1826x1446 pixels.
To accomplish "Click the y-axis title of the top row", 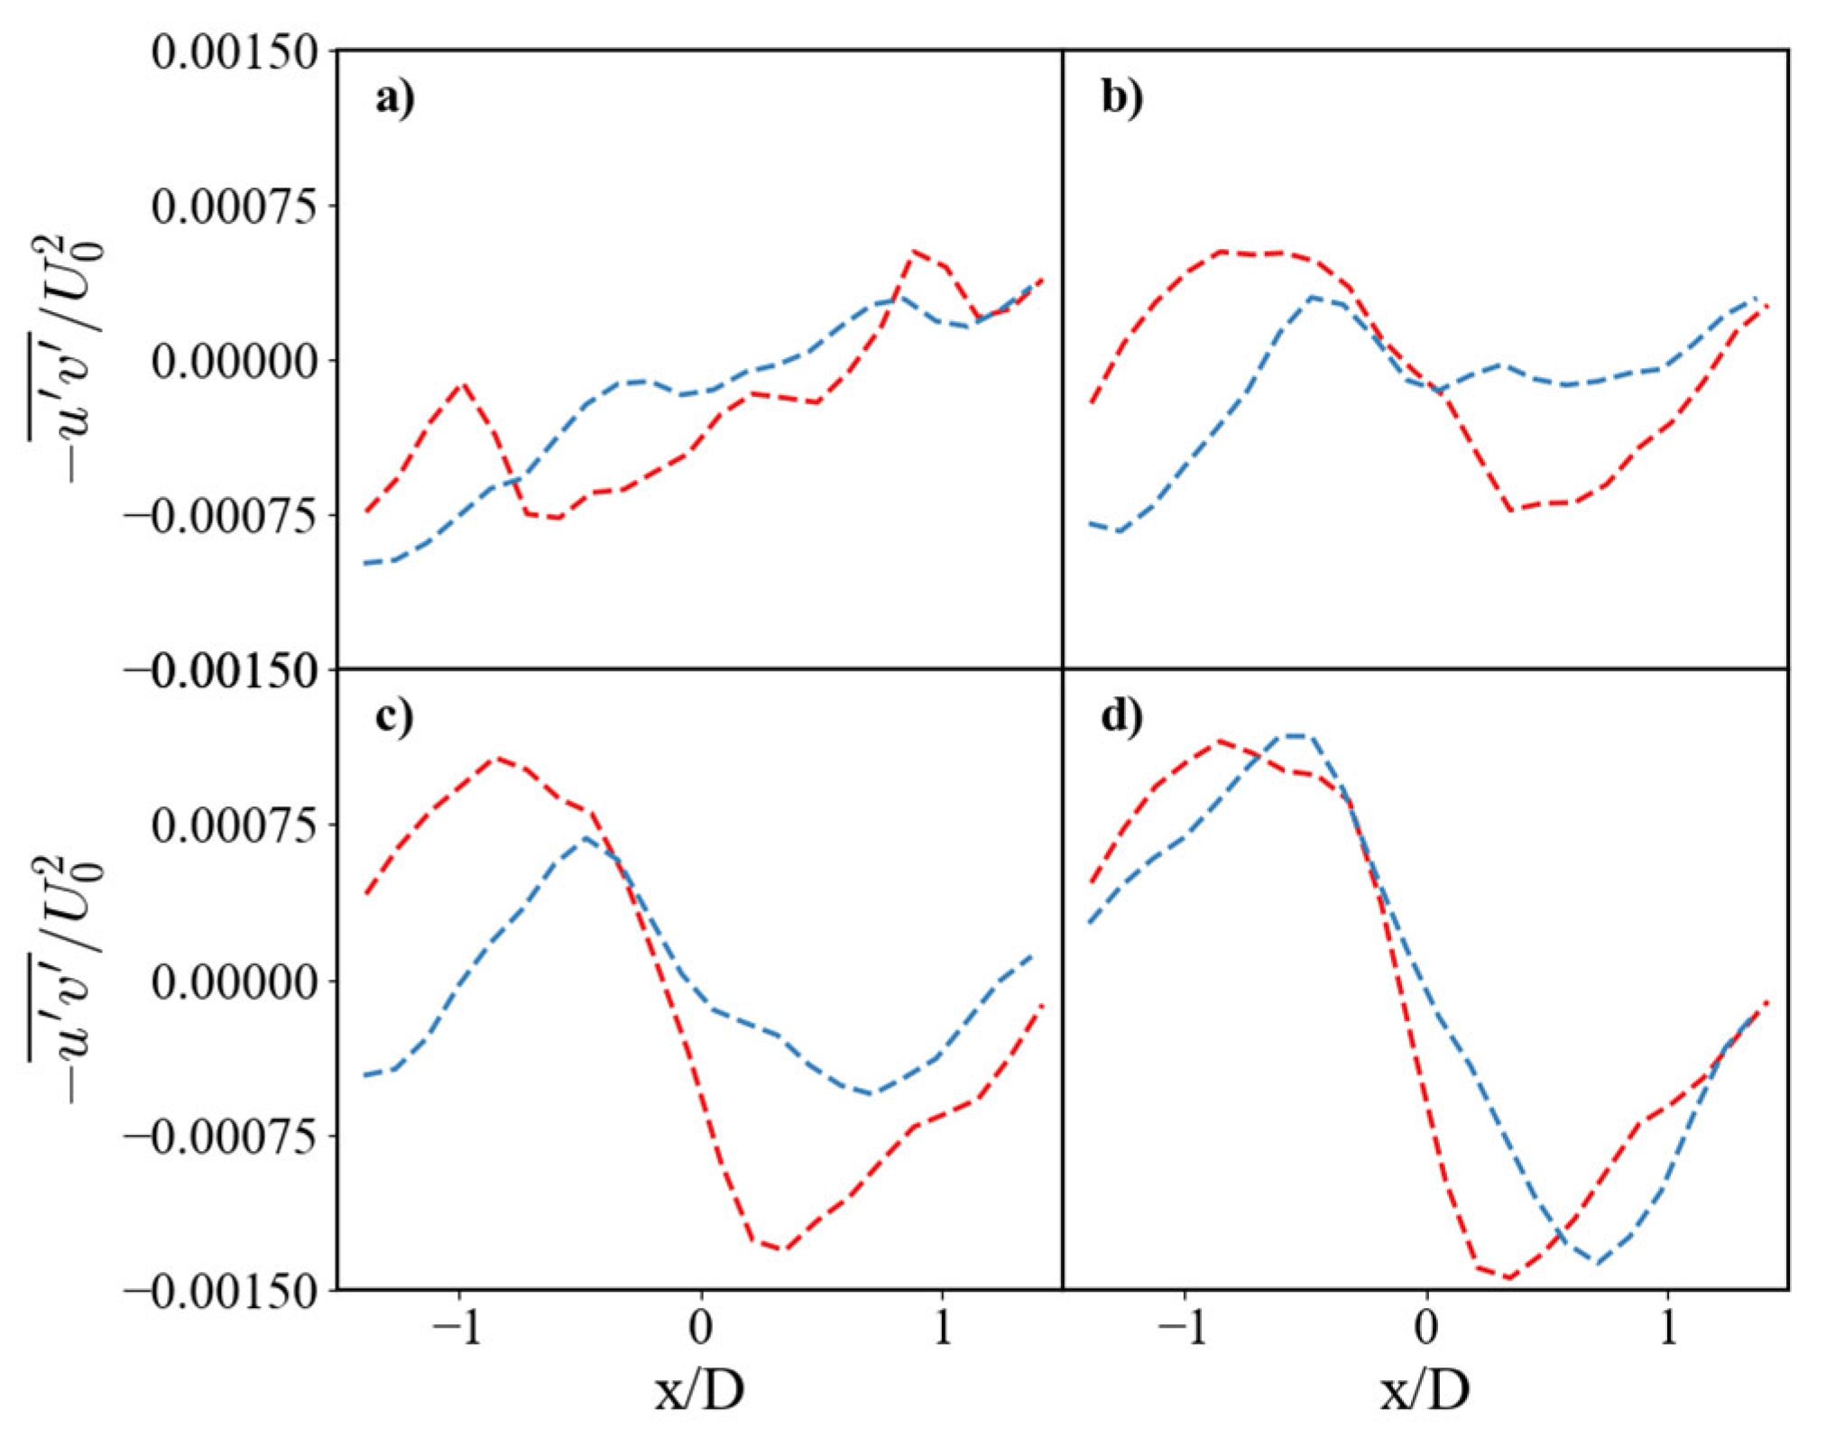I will (x=68, y=360).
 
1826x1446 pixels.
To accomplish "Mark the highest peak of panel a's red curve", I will (x=914, y=252).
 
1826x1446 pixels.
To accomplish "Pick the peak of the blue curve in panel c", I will (x=586, y=838).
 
